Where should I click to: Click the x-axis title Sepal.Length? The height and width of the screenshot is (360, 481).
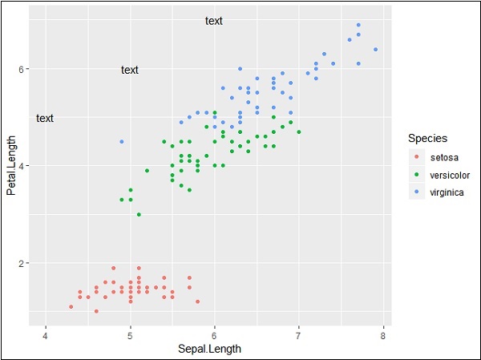214,349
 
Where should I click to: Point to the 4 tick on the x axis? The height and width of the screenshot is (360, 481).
46,334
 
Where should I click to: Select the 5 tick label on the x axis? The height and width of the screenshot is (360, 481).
130,334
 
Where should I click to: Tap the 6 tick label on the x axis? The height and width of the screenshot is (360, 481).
214,334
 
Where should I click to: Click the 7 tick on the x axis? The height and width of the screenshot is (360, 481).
299,334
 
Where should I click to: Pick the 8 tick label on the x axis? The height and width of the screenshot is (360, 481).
383,334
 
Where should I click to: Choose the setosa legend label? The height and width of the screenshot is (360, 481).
444,157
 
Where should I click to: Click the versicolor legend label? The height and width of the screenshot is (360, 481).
450,175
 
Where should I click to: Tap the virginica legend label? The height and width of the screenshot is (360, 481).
447,192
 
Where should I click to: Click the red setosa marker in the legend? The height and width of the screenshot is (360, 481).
416,157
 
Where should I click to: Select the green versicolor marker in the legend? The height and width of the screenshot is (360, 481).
416,175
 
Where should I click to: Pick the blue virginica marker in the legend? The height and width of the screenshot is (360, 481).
416,192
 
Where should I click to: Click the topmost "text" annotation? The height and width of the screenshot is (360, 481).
214,21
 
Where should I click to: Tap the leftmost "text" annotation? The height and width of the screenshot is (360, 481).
45,118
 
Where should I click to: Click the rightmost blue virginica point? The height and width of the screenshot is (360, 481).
375,49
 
